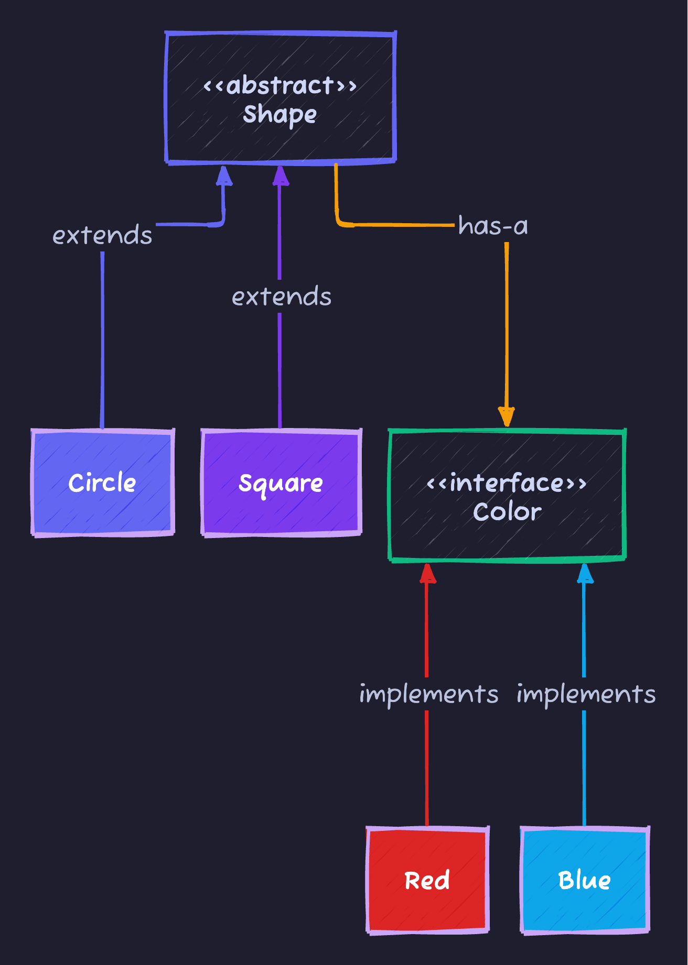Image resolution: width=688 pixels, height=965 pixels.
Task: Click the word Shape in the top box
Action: [280, 114]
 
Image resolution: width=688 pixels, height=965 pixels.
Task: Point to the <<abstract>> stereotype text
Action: [280, 85]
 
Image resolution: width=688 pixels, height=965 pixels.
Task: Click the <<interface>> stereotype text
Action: [507, 482]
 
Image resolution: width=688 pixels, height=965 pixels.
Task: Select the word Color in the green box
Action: [507, 512]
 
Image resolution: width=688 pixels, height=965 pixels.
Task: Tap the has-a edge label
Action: [493, 226]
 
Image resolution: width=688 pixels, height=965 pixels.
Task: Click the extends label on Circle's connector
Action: [102, 235]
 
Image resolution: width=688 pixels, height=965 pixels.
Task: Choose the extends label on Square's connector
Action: [282, 297]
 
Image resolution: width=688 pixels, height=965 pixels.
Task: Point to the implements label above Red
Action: [428, 694]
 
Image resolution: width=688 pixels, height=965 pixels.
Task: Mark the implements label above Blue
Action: [586, 694]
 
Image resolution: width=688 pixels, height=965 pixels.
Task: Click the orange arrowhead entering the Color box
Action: [507, 417]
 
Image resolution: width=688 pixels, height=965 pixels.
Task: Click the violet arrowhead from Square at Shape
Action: [281, 176]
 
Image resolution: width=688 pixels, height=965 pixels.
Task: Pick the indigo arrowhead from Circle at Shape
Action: [224, 176]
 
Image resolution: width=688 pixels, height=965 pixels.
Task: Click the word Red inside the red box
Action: [427, 880]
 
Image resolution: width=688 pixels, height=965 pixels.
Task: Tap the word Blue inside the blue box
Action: [585, 880]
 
